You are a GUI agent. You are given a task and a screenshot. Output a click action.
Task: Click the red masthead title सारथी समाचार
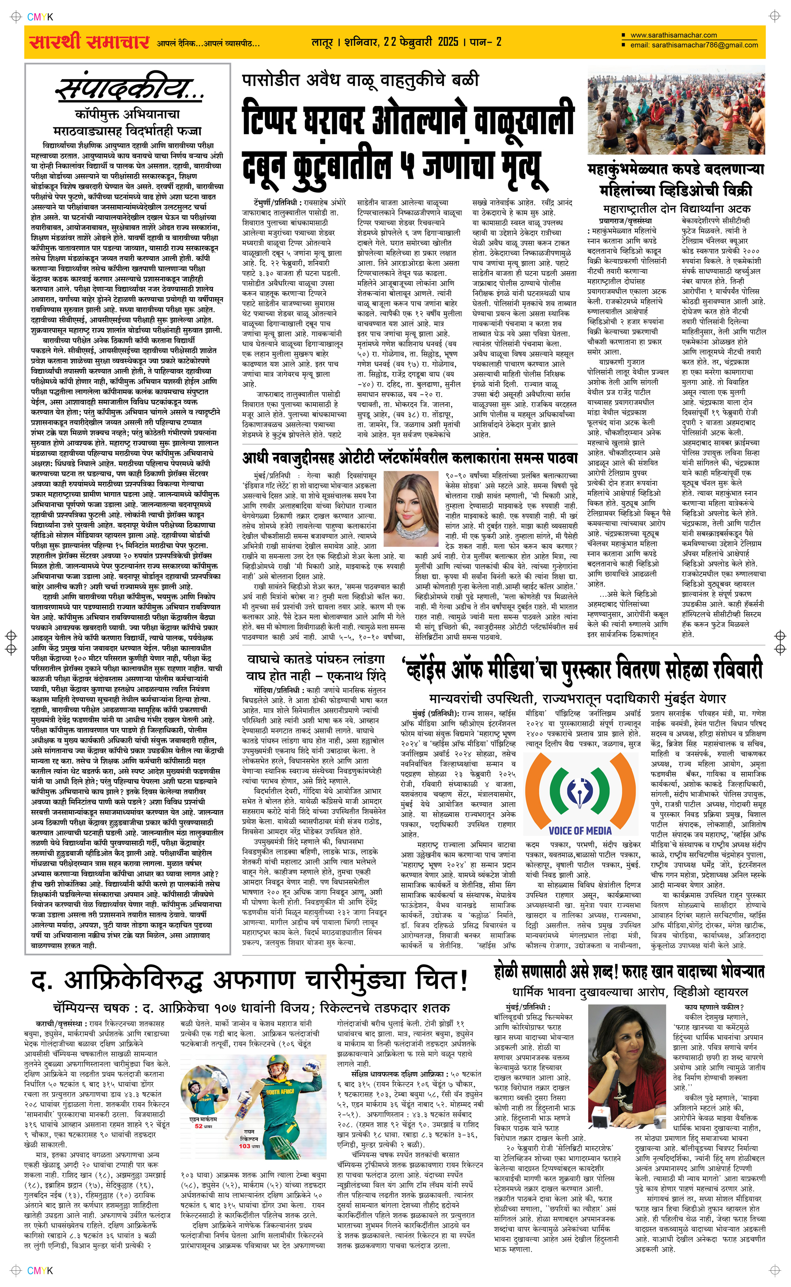pos(89,42)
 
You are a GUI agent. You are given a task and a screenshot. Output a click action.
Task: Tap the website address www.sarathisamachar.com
pos(673,35)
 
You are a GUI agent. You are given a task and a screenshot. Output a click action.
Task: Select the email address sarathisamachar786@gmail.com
pos(704,45)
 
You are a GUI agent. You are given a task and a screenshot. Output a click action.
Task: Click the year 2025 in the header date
pos(447,42)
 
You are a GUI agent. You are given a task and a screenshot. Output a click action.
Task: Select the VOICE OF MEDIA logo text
pos(580,830)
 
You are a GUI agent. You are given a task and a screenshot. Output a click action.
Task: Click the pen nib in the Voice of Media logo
pos(580,787)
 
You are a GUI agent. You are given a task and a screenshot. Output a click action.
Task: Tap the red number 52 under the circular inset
pos(199,1126)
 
